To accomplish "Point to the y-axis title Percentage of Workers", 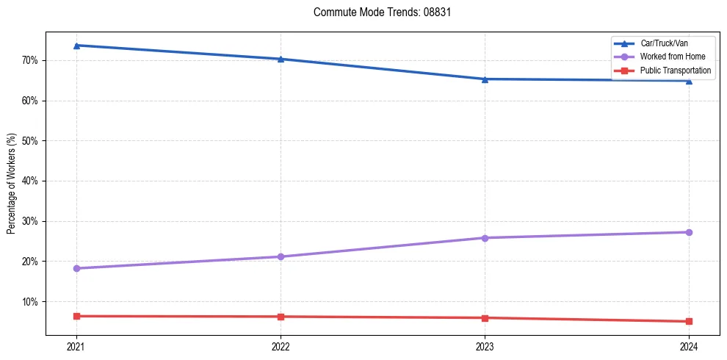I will (x=12, y=184).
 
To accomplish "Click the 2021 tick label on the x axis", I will (x=76, y=346).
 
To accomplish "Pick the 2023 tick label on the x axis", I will (x=485, y=346).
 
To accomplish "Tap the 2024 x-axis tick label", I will (x=689, y=346).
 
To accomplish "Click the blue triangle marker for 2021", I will (x=76, y=46).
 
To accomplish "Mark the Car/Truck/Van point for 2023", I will (x=485, y=79).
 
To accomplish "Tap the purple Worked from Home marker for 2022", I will (x=281, y=256).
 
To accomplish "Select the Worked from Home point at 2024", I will (x=689, y=232).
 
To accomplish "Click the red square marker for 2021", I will (x=76, y=316).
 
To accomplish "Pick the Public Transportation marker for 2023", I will (x=485, y=318).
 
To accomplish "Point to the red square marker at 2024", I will (x=689, y=321).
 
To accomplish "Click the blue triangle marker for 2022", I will (x=281, y=59).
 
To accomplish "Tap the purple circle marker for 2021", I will (x=76, y=268).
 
